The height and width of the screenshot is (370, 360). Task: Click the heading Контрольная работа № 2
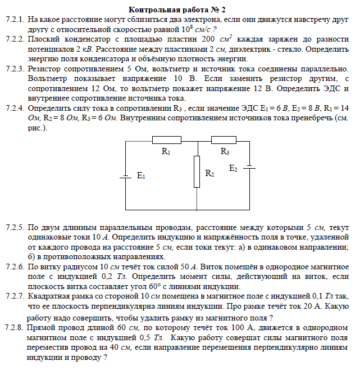point(177,10)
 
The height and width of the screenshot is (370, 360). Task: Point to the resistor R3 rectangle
point(225,140)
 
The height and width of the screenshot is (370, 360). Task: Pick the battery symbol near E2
point(250,167)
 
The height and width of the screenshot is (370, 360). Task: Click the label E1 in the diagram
point(141,177)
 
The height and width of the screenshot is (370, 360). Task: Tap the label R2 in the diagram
point(209,174)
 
